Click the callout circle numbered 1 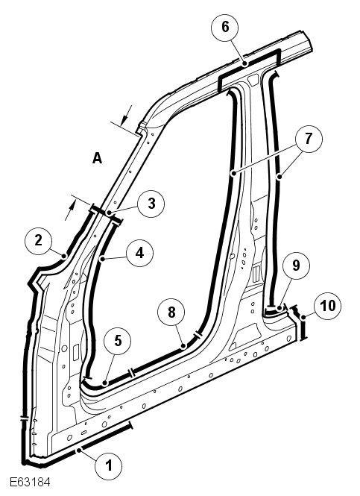pyautogui.click(x=108, y=465)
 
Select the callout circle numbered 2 pyautogui.click(x=38, y=241)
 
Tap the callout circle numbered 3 pyautogui.click(x=151, y=204)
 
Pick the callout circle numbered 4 pyautogui.click(x=139, y=253)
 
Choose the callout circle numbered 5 pyautogui.click(x=118, y=341)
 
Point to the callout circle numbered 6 pyautogui.click(x=225, y=27)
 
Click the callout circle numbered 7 pyautogui.click(x=309, y=139)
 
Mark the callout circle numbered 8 pyautogui.click(x=171, y=313)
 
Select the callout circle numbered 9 pyautogui.click(x=296, y=265)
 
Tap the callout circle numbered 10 pyautogui.click(x=328, y=306)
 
